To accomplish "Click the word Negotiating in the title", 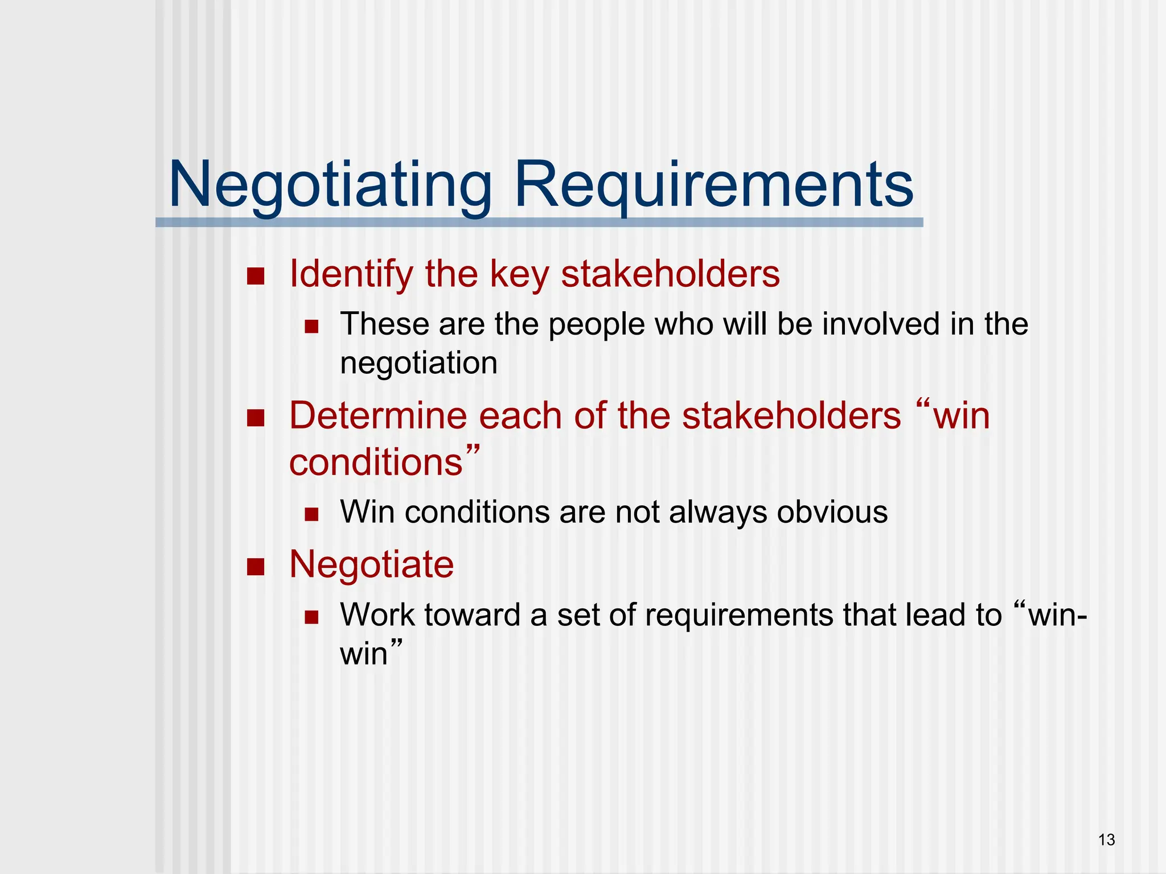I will (x=330, y=185).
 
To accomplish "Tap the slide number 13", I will (x=1106, y=840).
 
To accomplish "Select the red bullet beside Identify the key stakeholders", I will (x=256, y=277).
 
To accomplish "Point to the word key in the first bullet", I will (x=519, y=274).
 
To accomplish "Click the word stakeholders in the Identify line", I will (x=670, y=274).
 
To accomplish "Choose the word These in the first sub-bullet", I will (x=384, y=324).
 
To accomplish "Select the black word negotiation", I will (x=418, y=364).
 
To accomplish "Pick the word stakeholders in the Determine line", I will (x=791, y=416).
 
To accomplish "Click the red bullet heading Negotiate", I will (x=371, y=564).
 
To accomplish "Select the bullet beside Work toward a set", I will (x=311, y=617).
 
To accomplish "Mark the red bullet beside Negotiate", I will (x=256, y=567).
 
